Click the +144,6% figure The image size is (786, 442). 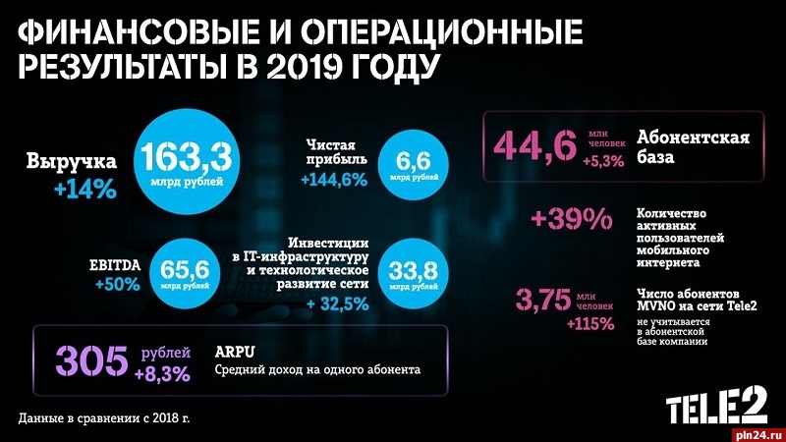[333, 180]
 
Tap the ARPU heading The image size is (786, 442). [236, 351]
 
